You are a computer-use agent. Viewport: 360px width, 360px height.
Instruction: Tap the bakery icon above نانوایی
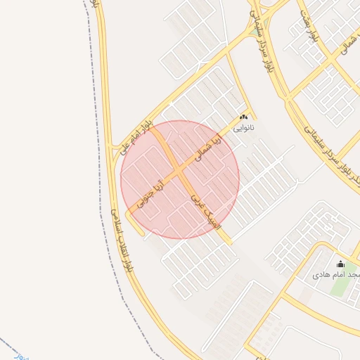[x=244, y=117]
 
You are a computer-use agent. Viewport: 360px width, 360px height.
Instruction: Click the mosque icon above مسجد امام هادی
[x=341, y=264]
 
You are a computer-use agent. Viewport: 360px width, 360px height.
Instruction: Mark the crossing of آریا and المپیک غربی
[x=179, y=170]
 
